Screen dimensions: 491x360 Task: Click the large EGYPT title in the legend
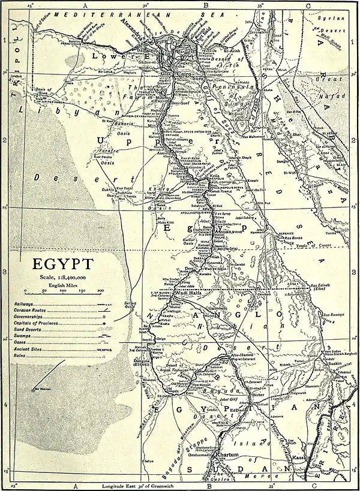[x=63, y=264]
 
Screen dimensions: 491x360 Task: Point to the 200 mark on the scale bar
[x=100, y=291]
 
